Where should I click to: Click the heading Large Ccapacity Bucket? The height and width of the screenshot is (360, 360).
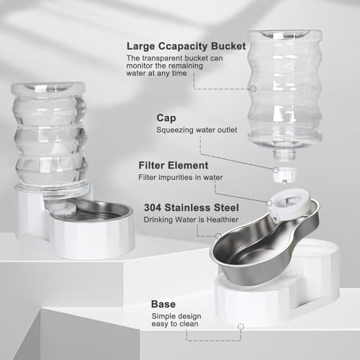point(186,47)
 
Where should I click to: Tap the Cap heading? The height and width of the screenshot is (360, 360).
point(166,118)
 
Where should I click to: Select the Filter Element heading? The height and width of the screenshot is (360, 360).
point(174,166)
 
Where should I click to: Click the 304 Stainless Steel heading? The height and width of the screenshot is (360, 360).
point(192,207)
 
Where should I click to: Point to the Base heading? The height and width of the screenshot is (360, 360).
point(163,304)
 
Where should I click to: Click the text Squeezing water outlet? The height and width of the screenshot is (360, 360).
point(197,130)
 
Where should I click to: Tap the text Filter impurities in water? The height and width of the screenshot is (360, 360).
point(181,177)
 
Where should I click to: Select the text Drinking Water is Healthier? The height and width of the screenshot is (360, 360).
point(191,220)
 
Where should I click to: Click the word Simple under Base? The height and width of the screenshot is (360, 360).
point(163,316)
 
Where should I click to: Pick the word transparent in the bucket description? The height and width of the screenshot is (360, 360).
point(162,58)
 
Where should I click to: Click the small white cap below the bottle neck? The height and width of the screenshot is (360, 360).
point(284,174)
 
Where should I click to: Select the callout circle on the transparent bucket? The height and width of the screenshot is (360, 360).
point(253,89)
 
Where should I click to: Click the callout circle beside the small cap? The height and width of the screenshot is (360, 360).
point(276,170)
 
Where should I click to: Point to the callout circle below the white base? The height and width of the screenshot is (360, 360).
point(240,326)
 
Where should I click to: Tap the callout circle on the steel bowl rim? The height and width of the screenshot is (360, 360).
point(218,236)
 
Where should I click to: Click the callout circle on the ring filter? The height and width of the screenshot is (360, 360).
point(269,203)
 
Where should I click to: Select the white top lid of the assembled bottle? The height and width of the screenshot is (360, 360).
point(48,87)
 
